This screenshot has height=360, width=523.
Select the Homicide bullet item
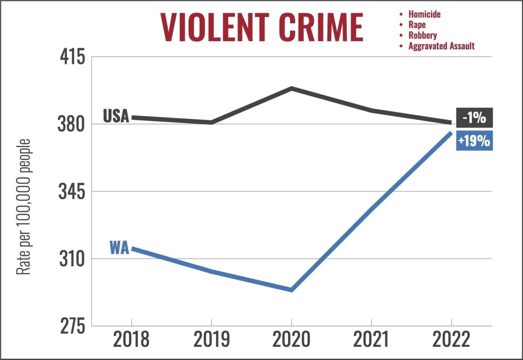pyautogui.click(x=424, y=14)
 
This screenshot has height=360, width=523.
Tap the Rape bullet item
pyautogui.click(x=417, y=25)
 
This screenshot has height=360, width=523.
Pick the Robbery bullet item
pyautogui.click(x=422, y=35)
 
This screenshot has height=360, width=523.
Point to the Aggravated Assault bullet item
pyautogui.click(x=441, y=46)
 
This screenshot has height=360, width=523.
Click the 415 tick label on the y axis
pyautogui.click(x=72, y=57)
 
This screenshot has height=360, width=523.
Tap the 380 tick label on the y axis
pyautogui.click(x=71, y=124)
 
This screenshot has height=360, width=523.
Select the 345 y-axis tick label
pyautogui.click(x=72, y=192)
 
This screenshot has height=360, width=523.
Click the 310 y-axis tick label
pyautogui.click(x=72, y=259)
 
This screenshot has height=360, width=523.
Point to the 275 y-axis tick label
pyautogui.click(x=72, y=327)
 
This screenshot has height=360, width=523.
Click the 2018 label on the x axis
pyautogui.click(x=131, y=340)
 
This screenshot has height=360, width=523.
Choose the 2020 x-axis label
pyautogui.click(x=291, y=340)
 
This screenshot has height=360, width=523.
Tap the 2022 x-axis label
pyautogui.click(x=451, y=340)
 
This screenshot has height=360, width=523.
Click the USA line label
pyautogui.click(x=116, y=116)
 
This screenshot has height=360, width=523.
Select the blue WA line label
pyautogui.click(x=120, y=248)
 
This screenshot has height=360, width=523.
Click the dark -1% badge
pyautogui.click(x=474, y=118)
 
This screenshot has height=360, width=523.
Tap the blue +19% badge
pyautogui.click(x=474, y=140)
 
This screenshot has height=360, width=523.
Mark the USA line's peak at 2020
pyautogui.click(x=292, y=89)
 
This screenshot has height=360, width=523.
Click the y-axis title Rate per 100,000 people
pyautogui.click(x=23, y=207)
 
